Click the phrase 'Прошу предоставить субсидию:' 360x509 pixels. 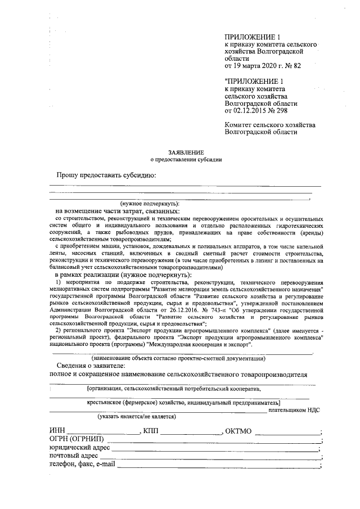105,175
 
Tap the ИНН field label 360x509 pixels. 57,431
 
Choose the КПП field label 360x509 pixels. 152,431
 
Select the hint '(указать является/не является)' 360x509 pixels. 137,417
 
